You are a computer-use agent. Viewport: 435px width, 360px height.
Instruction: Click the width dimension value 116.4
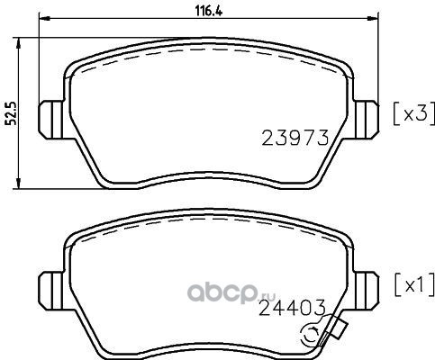(209, 11)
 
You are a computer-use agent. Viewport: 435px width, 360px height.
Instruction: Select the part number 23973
(295, 139)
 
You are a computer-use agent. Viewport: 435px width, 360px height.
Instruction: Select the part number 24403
(292, 308)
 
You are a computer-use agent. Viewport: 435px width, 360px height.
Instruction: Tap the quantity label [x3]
(414, 113)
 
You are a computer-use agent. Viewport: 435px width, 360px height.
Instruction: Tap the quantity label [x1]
(414, 284)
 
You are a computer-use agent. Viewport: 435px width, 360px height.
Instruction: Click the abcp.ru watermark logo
(231, 292)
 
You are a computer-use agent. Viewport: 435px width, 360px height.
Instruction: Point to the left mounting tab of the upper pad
(51, 120)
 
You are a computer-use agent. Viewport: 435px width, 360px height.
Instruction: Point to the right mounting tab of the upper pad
(367, 120)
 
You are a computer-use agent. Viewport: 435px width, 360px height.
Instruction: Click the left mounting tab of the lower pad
(51, 291)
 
